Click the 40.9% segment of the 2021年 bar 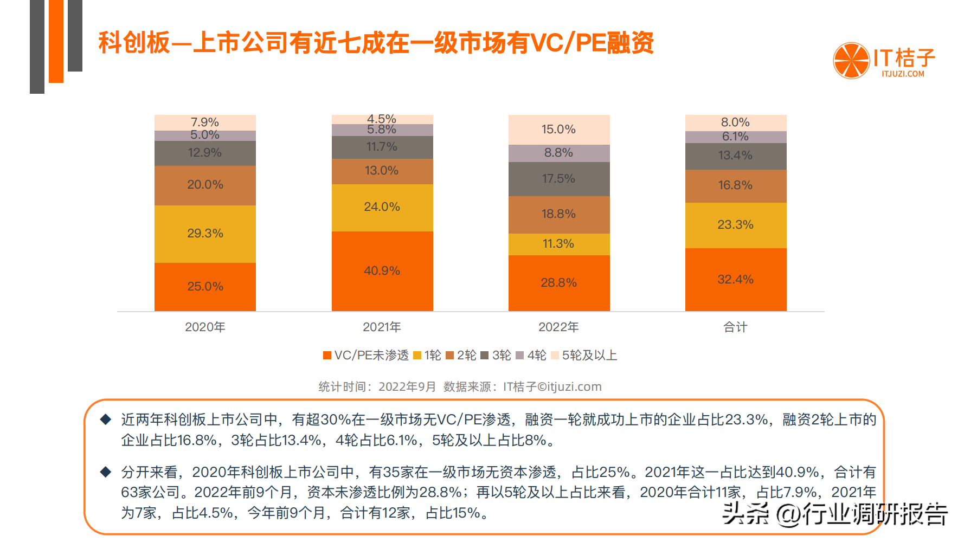pyautogui.click(x=382, y=271)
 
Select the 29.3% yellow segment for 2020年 pyautogui.click(x=205, y=234)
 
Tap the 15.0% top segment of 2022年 pyautogui.click(x=559, y=130)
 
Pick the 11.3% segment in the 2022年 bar pyautogui.click(x=559, y=244)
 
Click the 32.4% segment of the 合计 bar pyautogui.click(x=736, y=280)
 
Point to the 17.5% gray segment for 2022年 pyautogui.click(x=559, y=179)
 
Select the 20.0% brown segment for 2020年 pyautogui.click(x=205, y=185)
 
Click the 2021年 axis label pyautogui.click(x=382, y=327)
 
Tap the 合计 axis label pyautogui.click(x=735, y=327)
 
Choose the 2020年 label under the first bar pyautogui.click(x=205, y=327)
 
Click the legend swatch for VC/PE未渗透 pyautogui.click(x=327, y=356)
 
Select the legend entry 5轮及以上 pyautogui.click(x=584, y=356)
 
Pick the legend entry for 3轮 pyautogui.click(x=496, y=356)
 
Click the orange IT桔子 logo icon pyautogui.click(x=851, y=61)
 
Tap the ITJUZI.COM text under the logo pyautogui.click(x=903, y=74)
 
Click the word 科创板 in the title pyautogui.click(x=134, y=43)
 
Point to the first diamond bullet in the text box pyautogui.click(x=106, y=419)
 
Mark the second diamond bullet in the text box pyautogui.click(x=106, y=472)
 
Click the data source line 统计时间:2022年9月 pyautogui.click(x=377, y=387)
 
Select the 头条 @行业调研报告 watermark pyautogui.click(x=835, y=514)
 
